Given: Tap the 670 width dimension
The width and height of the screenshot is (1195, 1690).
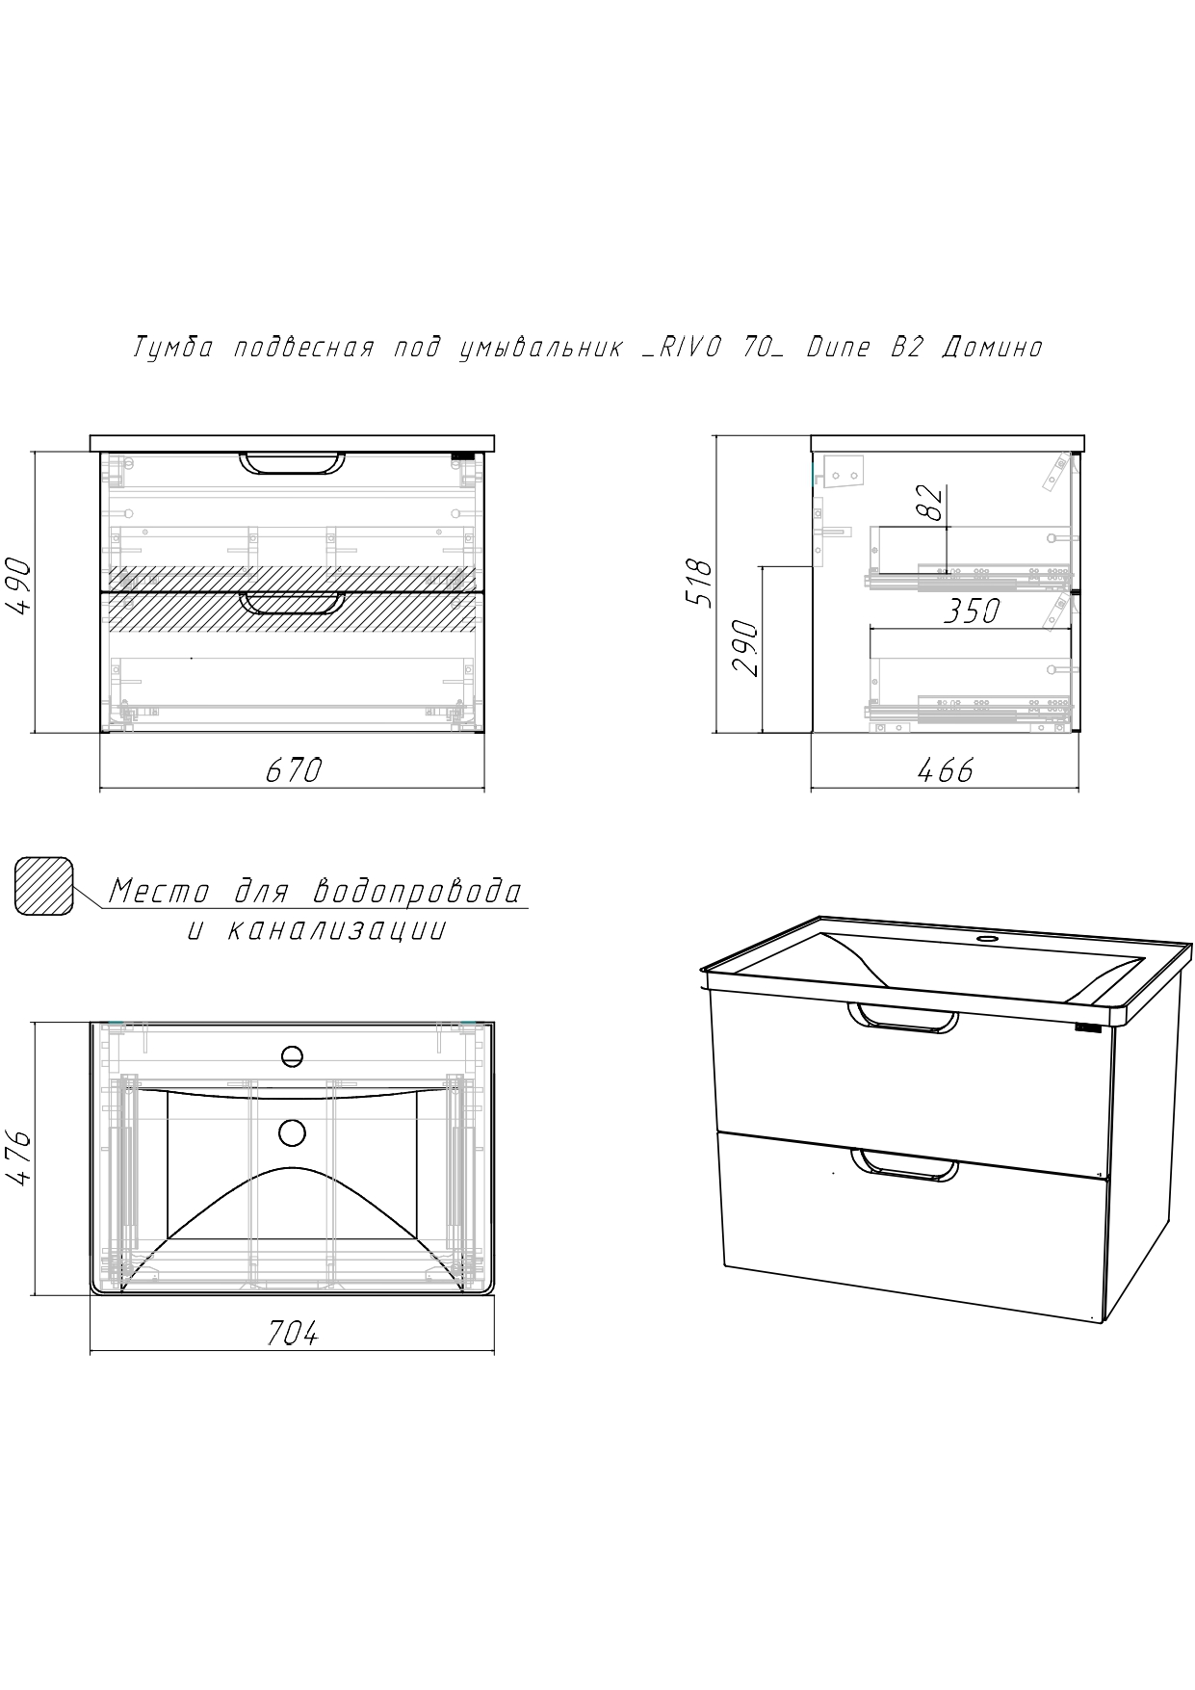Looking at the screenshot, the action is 293,769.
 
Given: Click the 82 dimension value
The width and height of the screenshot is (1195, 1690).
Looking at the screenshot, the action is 930,502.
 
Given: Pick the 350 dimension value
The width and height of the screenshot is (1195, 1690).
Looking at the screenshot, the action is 971,611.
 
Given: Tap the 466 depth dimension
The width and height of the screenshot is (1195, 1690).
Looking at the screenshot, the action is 945,770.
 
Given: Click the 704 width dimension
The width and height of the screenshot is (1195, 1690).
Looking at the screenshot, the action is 293,1333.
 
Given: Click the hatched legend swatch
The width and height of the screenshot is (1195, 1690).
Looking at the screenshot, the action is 43,885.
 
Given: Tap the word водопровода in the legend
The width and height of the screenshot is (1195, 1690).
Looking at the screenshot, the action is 419,890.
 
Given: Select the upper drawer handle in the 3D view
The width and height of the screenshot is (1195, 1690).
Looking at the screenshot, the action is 902,1019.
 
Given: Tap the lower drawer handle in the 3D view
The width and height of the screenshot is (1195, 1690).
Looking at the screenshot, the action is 905,1164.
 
